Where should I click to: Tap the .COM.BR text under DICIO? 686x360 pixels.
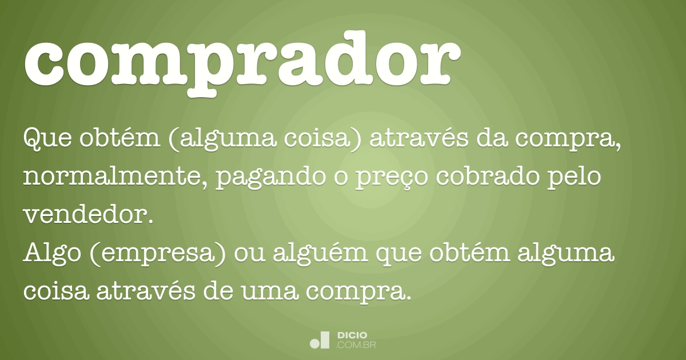[356, 345]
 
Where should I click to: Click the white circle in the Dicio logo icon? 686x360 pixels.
[315, 343]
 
